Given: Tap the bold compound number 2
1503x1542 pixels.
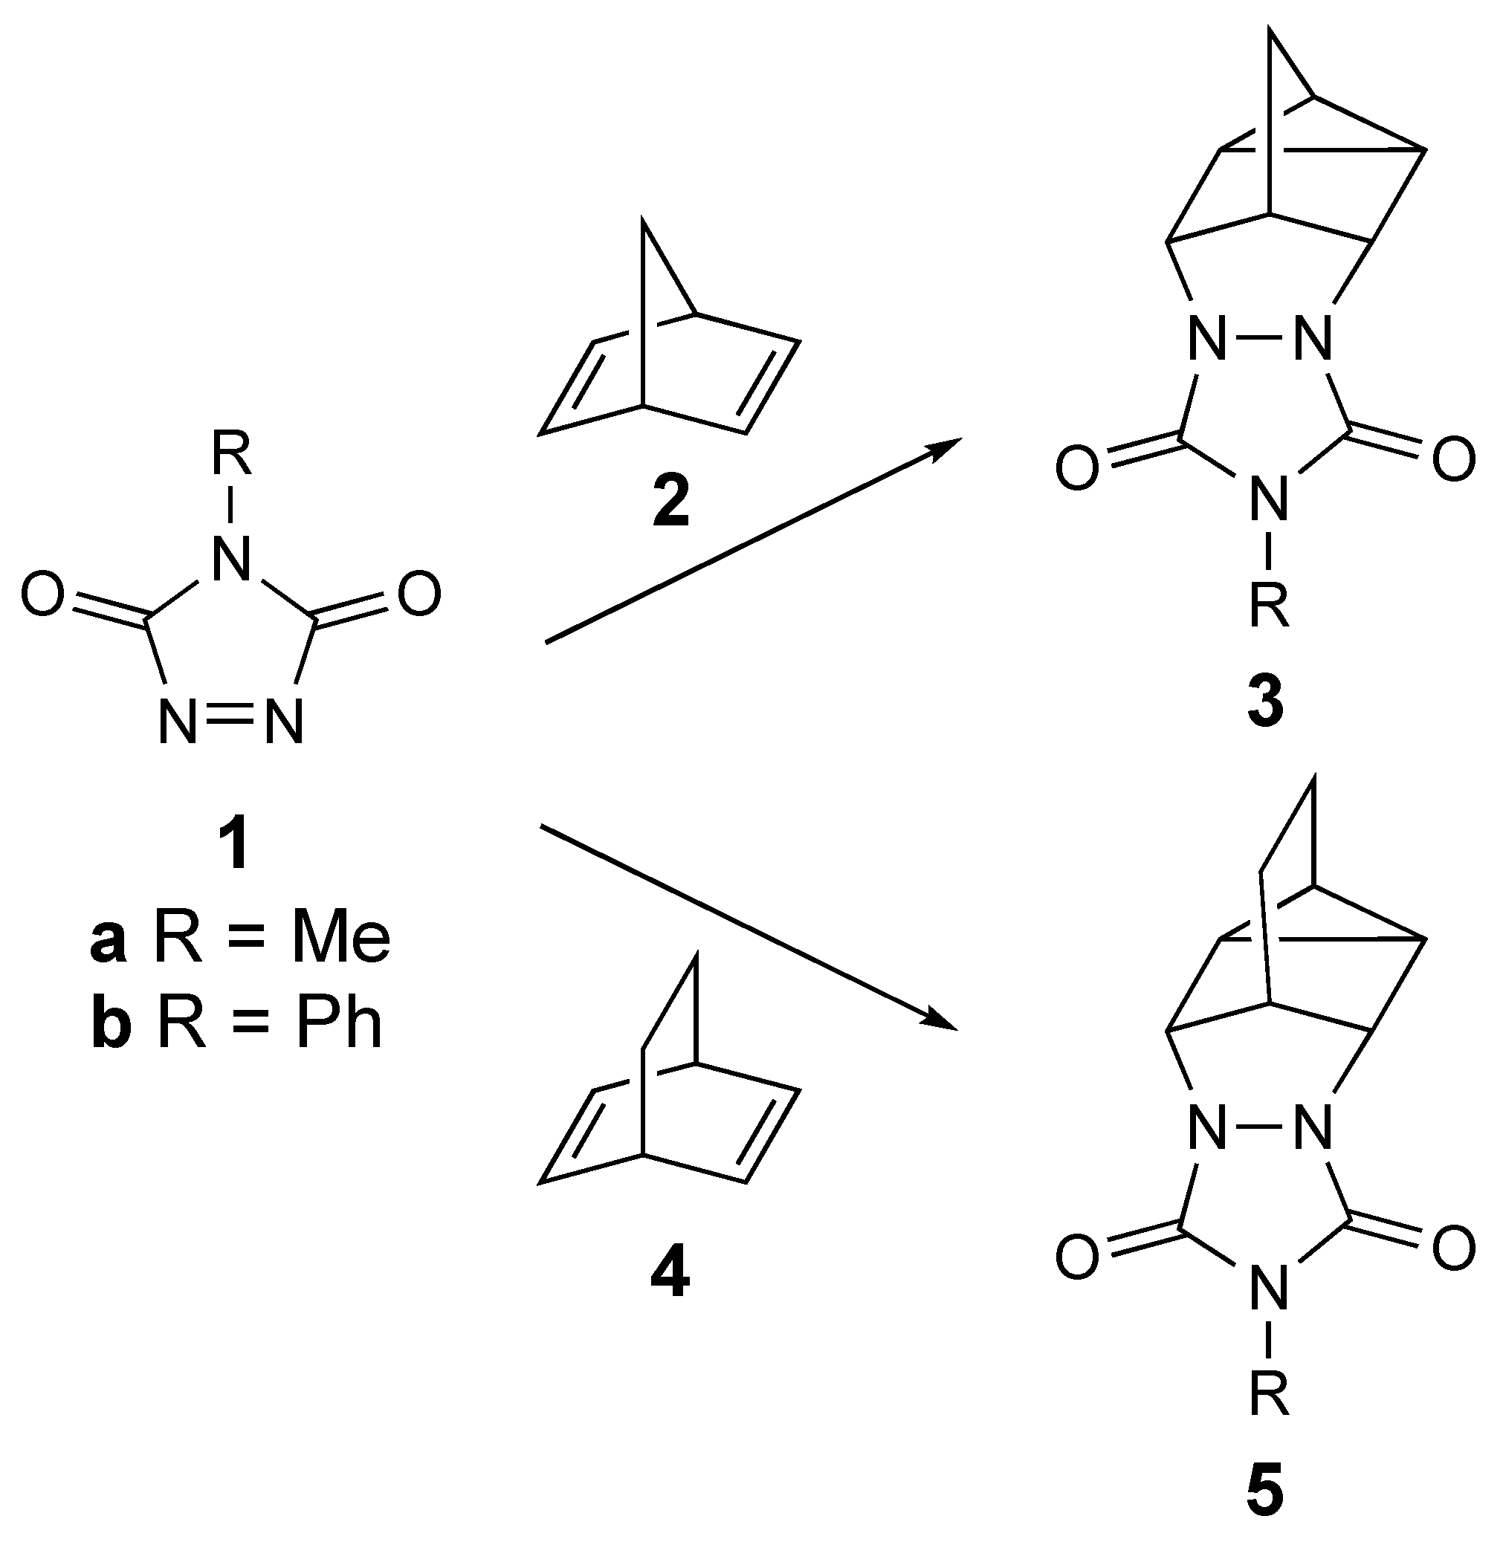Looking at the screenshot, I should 670,502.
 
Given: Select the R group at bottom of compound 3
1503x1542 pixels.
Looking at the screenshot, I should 1269,605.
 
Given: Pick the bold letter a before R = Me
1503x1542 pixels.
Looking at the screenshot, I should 108,941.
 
